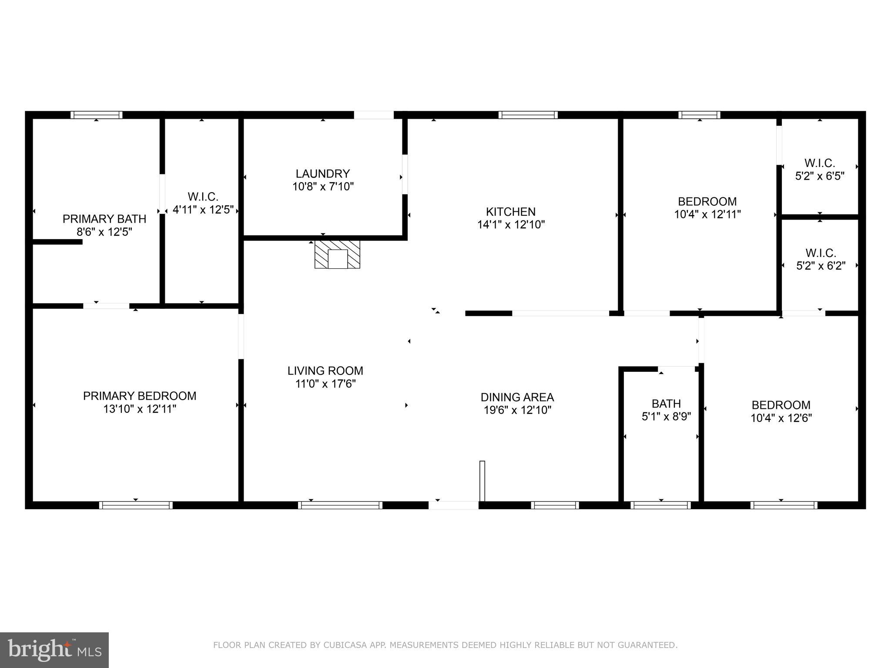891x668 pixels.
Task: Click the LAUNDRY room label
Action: (322, 174)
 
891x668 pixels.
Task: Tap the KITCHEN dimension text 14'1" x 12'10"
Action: (511, 225)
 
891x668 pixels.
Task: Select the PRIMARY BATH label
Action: (104, 219)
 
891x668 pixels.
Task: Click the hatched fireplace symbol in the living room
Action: (337, 254)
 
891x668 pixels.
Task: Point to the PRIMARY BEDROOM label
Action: (140, 396)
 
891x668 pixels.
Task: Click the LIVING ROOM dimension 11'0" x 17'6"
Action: (325, 384)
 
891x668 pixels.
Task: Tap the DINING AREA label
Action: (517, 397)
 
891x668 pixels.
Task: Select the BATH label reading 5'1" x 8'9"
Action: (666, 410)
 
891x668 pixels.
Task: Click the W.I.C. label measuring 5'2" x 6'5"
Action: (820, 170)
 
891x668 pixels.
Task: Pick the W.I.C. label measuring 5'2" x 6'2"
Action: (821, 259)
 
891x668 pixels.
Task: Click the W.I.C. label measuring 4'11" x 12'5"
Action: (203, 203)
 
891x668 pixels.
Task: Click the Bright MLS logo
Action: (54, 650)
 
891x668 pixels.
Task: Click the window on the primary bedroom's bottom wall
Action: (136, 505)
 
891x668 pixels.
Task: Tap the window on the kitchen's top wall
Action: (528, 115)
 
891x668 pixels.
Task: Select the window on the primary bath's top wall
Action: (97, 115)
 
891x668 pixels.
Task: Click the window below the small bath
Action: (660, 505)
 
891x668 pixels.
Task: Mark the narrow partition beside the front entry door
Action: (482, 481)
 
